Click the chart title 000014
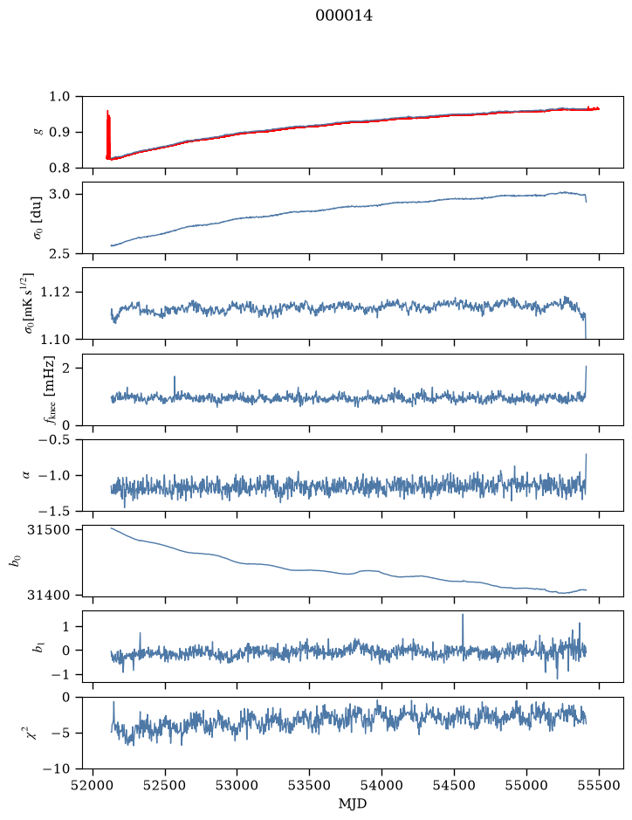pyautogui.click(x=344, y=16)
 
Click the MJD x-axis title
pyautogui.click(x=353, y=803)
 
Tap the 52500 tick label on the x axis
pyautogui.click(x=165, y=785)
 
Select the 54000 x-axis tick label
pyautogui.click(x=381, y=785)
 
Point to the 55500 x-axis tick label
pyautogui.click(x=599, y=785)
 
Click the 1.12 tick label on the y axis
pyautogui.click(x=58, y=292)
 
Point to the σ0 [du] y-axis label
pyautogui.click(x=38, y=217)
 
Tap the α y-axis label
pyautogui.click(x=26, y=475)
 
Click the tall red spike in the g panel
pyautogui.click(x=108, y=134)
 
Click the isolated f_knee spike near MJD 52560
pyautogui.click(x=175, y=386)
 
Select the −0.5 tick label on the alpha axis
pyautogui.click(x=58, y=439)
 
